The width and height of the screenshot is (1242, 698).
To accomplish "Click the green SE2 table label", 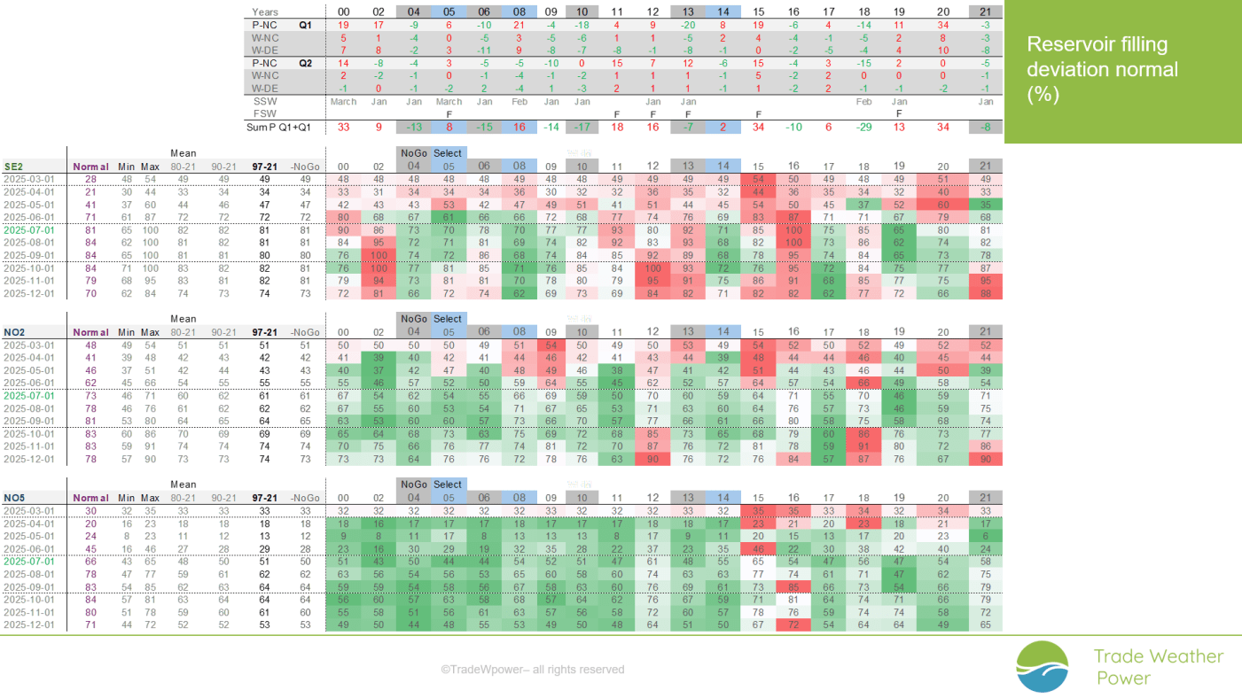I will point(13,167).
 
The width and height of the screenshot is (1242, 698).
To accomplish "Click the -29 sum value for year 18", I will point(864,128).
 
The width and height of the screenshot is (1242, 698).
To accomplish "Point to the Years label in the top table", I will point(265,12).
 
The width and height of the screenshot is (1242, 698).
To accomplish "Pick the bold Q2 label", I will point(305,64).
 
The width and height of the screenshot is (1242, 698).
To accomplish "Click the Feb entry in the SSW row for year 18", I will point(864,102).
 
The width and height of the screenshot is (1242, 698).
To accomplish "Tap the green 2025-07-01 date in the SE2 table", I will point(28,229).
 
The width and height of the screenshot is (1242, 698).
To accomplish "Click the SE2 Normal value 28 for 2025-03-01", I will point(90,179).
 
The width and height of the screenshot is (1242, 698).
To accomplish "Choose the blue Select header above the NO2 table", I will point(448,319).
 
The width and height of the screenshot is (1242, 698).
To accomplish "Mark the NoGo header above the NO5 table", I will point(413,485).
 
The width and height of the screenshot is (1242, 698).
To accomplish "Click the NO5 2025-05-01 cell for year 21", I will point(986,536).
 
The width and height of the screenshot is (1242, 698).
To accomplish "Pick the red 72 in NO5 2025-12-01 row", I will point(793,625).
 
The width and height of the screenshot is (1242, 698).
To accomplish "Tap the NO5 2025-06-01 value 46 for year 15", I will point(758,549).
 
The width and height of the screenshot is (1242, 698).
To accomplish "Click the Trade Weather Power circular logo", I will point(1042,666).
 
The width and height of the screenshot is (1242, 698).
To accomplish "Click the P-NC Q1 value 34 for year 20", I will point(943,26).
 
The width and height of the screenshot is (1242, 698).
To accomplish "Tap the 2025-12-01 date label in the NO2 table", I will point(28,460).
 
